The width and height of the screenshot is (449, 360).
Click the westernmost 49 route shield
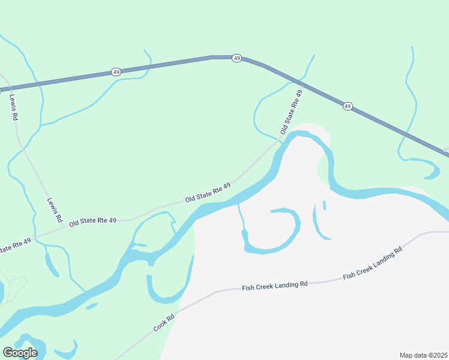(x=116, y=72)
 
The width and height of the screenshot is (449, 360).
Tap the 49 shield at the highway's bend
(x=237, y=58)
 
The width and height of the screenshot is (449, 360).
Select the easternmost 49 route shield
(x=348, y=106)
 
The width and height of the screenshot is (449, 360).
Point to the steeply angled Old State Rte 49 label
(x=291, y=112)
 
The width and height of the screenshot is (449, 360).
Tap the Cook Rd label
(x=163, y=323)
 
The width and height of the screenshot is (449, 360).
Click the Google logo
(x=20, y=353)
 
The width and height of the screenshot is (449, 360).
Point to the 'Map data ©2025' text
(x=423, y=355)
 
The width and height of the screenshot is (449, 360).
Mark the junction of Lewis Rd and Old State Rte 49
(x=36, y=238)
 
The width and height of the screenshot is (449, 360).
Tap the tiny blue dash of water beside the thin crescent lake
(x=324, y=205)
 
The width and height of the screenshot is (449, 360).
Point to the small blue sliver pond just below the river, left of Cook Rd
(x=92, y=307)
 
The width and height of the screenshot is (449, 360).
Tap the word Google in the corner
(x=20, y=353)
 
